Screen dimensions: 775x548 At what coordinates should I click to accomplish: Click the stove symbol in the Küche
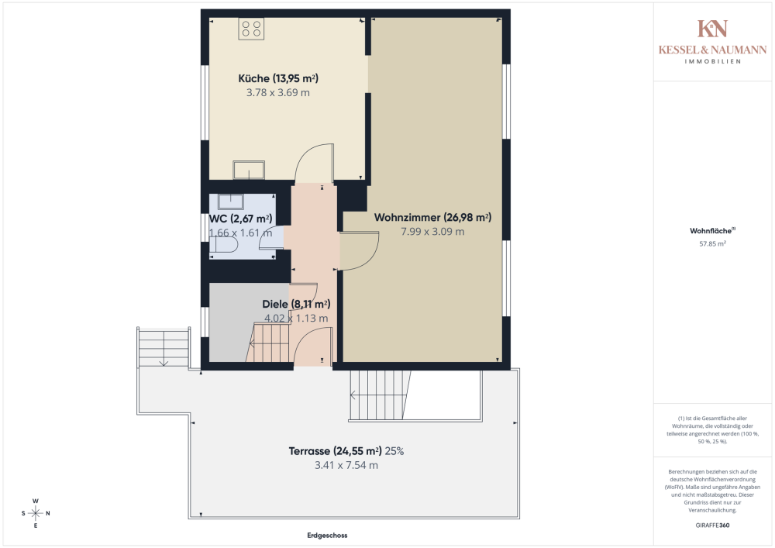pos(251,29)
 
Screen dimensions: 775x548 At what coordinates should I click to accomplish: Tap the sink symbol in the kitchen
pos(249,170)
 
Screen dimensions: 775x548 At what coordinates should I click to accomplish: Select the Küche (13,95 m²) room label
pos(278,78)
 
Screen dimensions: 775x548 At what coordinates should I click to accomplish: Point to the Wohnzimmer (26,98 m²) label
pos(432,217)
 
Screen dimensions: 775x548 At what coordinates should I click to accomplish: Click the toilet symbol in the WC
pos(223,246)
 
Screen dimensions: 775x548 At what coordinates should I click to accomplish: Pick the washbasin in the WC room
pos(231,202)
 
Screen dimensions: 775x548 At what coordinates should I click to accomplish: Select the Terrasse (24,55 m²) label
pos(335,450)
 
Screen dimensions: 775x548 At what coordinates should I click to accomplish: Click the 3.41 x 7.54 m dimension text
pos(346,465)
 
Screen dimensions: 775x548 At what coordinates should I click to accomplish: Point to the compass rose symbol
pos(36,513)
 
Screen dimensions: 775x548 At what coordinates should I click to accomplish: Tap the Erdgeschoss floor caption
pos(327,535)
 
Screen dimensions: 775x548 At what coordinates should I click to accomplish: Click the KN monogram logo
pos(712,29)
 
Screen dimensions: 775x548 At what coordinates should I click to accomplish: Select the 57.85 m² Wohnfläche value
pos(712,243)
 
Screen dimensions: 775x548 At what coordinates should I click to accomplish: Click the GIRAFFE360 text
pos(712,526)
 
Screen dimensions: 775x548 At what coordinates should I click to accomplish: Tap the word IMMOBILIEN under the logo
pos(712,61)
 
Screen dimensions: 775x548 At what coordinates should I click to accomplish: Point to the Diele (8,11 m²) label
pos(296,304)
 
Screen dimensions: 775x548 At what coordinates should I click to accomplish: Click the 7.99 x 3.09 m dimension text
pos(432,231)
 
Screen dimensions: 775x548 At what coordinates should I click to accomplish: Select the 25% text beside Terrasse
pos(394,450)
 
